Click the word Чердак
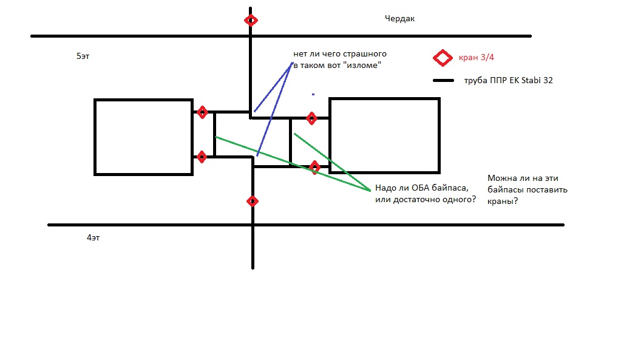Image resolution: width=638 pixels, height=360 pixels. (399, 19)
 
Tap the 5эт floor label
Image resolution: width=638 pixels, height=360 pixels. (83, 56)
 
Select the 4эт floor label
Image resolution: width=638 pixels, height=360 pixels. (93, 237)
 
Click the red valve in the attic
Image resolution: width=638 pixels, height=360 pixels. (251, 21)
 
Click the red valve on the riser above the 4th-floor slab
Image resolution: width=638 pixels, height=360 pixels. (253, 202)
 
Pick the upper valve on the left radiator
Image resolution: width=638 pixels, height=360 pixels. (202, 112)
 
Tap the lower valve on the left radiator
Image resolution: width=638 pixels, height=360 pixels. (202, 157)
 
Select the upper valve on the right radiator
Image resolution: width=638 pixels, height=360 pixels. (311, 118)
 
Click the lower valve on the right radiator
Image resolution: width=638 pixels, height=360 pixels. (314, 167)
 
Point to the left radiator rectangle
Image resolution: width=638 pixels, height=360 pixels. (95, 137)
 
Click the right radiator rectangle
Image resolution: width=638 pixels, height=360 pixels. (330, 135)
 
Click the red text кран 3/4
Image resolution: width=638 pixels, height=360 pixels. (476, 57)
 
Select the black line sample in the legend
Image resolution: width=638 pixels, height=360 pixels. (444, 81)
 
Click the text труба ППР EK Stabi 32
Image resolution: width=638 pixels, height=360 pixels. (509, 81)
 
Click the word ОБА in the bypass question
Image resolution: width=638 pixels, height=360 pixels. (420, 188)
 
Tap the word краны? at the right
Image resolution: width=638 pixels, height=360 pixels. (503, 202)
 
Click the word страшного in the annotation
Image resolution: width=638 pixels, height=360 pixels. (365, 54)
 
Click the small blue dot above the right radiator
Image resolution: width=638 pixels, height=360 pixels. (313, 94)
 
